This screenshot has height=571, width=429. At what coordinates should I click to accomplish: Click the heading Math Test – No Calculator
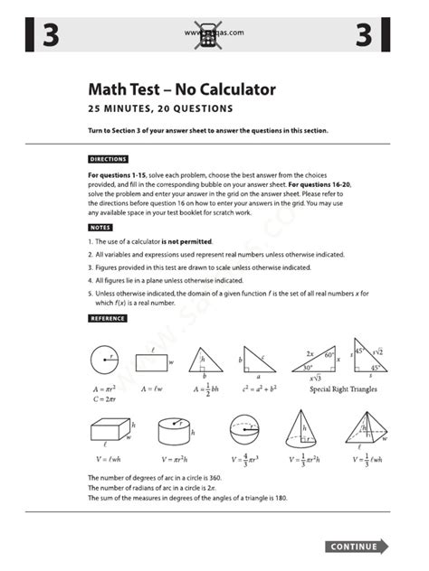tap(181, 89)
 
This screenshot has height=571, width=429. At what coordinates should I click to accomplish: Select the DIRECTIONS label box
tap(108, 159)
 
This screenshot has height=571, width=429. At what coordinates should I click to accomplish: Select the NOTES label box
tap(100, 228)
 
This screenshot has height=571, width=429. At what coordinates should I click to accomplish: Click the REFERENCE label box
tap(108, 318)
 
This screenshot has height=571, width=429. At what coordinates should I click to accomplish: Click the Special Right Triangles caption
tap(343, 389)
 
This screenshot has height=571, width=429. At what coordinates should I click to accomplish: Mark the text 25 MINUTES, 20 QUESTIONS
tap(160, 108)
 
